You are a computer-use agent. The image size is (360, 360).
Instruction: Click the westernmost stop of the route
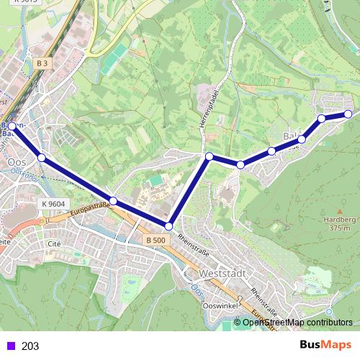12,127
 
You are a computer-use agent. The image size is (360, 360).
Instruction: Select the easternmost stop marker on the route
348,114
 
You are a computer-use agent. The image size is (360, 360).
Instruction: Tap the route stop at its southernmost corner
168,226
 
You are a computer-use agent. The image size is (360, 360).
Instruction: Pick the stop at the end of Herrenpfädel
209,156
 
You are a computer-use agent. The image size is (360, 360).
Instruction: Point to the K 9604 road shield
53,204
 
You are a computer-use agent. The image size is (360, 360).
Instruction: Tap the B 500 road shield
154,240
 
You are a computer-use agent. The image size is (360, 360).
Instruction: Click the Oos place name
16,162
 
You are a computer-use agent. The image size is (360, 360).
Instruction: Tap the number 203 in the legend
30,346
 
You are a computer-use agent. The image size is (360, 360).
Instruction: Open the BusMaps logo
325,345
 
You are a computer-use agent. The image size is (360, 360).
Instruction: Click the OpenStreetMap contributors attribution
297,323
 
